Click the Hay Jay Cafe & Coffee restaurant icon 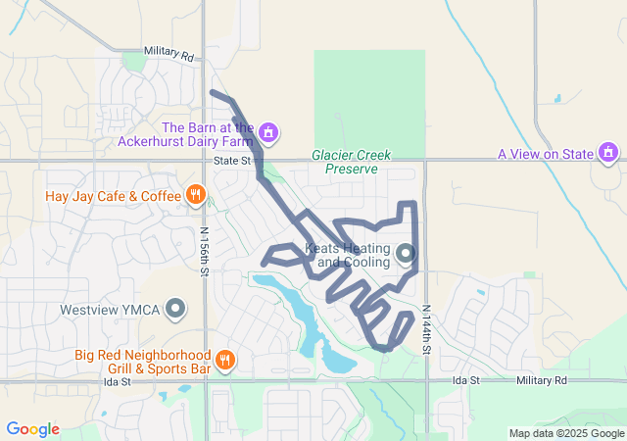[196, 195]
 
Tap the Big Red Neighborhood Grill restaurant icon [224, 360]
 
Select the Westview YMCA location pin [176, 310]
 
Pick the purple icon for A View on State [608, 153]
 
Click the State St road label [232, 160]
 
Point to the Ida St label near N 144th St [465, 380]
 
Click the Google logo [32, 429]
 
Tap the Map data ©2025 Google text [566, 433]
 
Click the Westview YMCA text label [109, 310]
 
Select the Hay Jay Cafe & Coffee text [114, 196]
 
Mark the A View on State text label [546, 154]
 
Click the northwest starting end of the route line [214, 93]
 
